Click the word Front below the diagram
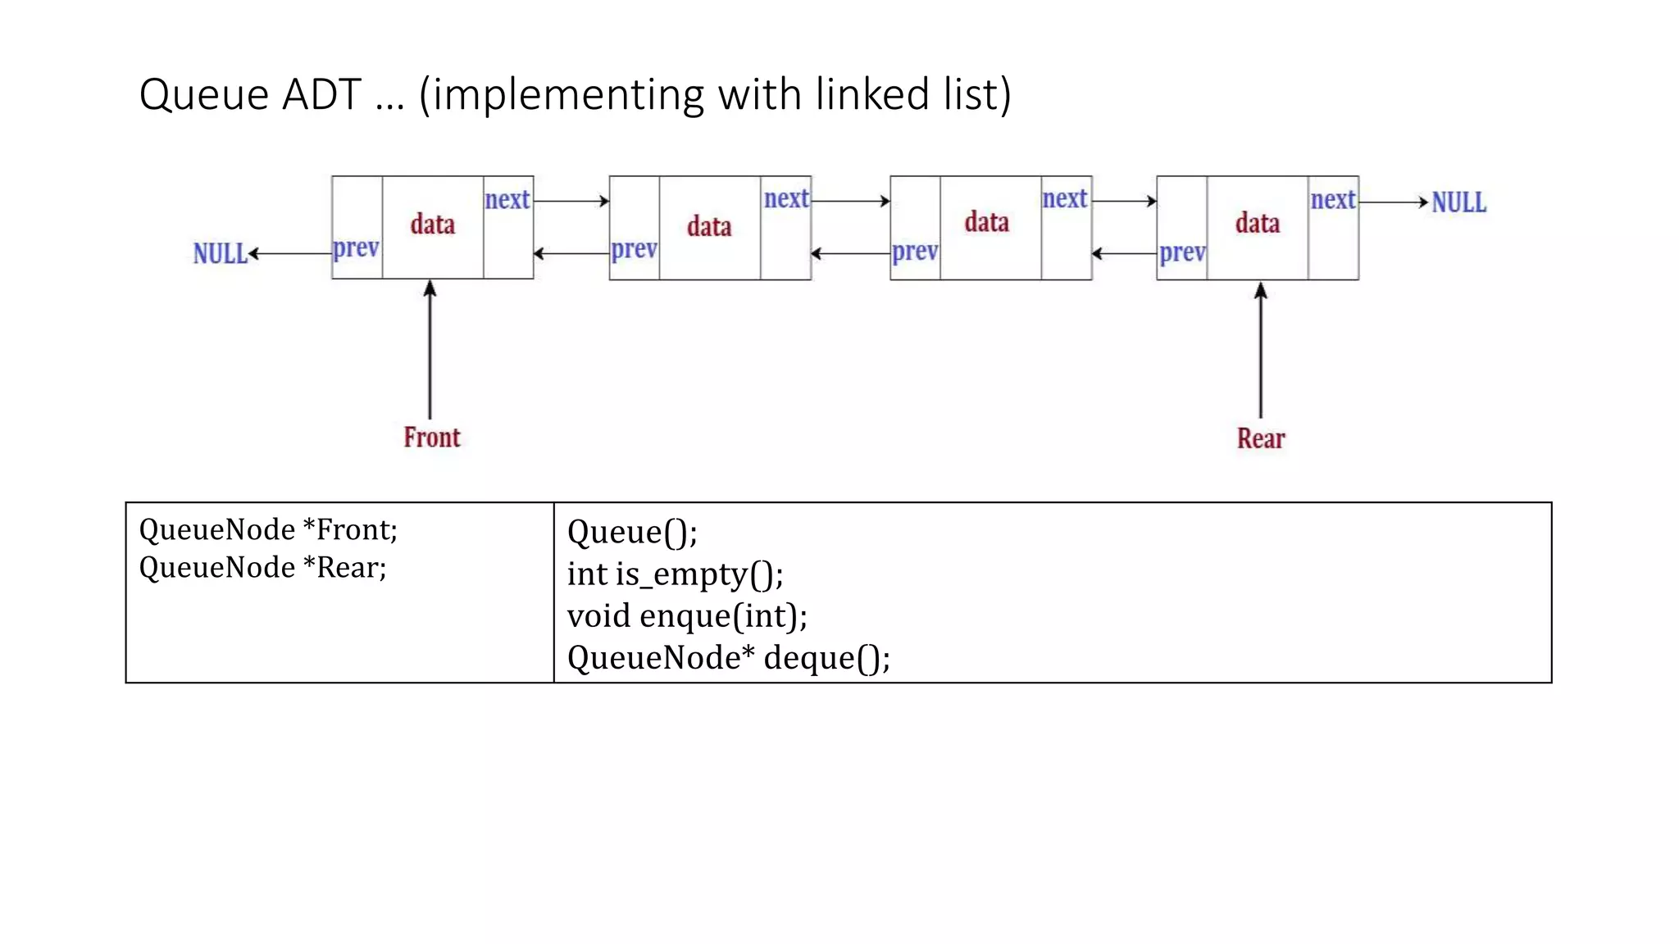pyautogui.click(x=431, y=438)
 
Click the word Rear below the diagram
pyautogui.click(x=1261, y=438)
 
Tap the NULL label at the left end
pyautogui.click(x=220, y=254)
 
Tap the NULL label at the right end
pyautogui.click(x=1458, y=202)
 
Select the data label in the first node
pyautogui.click(x=433, y=225)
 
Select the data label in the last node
pyautogui.click(x=1258, y=224)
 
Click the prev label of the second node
pyautogui.click(x=634, y=249)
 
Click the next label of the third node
pyautogui.click(x=1065, y=199)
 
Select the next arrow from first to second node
pyautogui.click(x=571, y=201)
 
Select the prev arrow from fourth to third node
pyautogui.click(x=1124, y=254)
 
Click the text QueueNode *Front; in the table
pyautogui.click(x=268, y=530)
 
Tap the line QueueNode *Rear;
pyautogui.click(x=262, y=568)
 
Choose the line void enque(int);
pyautogui.click(x=687, y=616)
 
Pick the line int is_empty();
pyautogui.click(x=675, y=574)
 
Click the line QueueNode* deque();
pyautogui.click(x=728, y=658)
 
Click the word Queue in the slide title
pyautogui.click(x=204, y=95)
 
